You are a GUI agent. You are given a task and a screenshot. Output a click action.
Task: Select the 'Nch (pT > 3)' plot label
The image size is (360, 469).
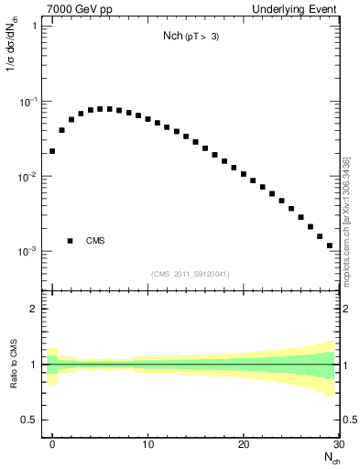click(190, 38)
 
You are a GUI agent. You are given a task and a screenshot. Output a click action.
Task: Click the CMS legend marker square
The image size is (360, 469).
click(70, 241)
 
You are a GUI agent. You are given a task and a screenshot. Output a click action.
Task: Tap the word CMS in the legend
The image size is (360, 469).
click(95, 241)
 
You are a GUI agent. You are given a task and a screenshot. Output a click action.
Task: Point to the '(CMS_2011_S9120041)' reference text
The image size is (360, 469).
click(190, 274)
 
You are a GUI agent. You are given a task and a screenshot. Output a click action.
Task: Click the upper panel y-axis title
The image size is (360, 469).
click(12, 60)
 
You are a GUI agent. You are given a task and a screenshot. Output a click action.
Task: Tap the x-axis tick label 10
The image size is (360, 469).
click(147, 444)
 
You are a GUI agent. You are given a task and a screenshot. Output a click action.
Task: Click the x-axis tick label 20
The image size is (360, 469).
click(243, 444)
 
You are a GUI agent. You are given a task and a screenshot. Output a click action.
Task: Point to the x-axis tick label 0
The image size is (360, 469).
click(53, 444)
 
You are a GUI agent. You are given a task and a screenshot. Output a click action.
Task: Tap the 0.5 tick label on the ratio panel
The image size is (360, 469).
click(31, 420)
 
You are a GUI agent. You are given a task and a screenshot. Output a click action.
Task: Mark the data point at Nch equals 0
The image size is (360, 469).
click(52, 151)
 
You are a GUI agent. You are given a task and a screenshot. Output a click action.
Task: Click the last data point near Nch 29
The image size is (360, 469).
click(329, 245)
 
